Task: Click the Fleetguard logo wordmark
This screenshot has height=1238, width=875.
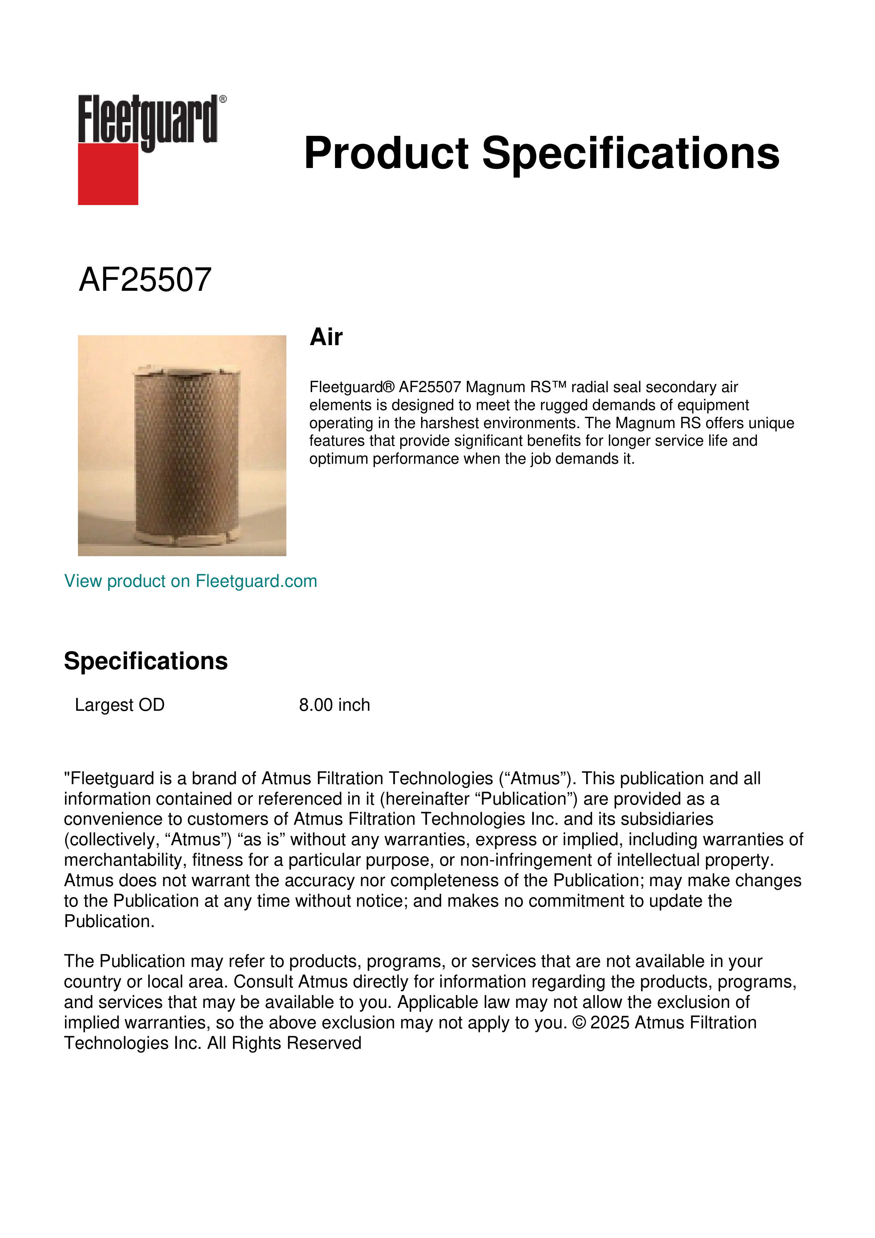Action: pyautogui.click(x=148, y=120)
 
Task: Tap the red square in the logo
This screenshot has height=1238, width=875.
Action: pyautogui.click(x=108, y=174)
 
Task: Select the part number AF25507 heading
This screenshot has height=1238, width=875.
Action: pyautogui.click(x=145, y=280)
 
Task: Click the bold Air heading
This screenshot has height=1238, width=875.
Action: pyautogui.click(x=326, y=337)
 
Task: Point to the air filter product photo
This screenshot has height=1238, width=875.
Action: pyautogui.click(x=182, y=445)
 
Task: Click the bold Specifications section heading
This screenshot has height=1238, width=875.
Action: pyautogui.click(x=145, y=661)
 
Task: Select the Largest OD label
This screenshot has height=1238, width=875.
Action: pyautogui.click(x=120, y=705)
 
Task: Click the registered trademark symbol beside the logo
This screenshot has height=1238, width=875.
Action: pyautogui.click(x=223, y=99)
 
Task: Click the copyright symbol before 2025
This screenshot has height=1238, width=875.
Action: pyautogui.click(x=579, y=1023)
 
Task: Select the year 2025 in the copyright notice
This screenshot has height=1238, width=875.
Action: pyautogui.click(x=610, y=1023)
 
